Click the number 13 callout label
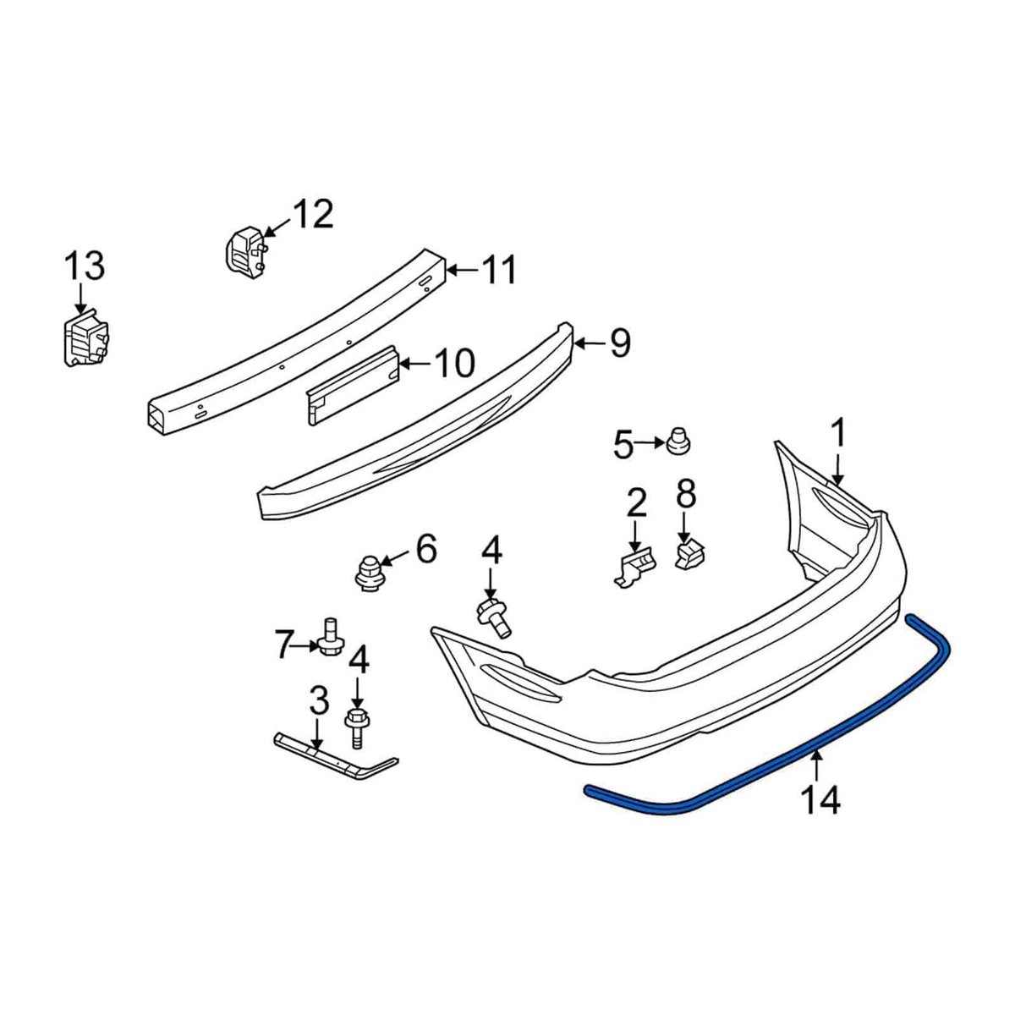[85, 266]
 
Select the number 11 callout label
[498, 272]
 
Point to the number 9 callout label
[620, 344]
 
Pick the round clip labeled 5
[677, 441]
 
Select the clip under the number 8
[690, 554]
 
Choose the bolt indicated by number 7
[331, 637]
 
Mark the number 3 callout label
[318, 700]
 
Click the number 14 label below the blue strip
[822, 798]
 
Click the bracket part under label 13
[84, 339]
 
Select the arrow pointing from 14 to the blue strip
[817, 765]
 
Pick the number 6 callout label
[425, 549]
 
